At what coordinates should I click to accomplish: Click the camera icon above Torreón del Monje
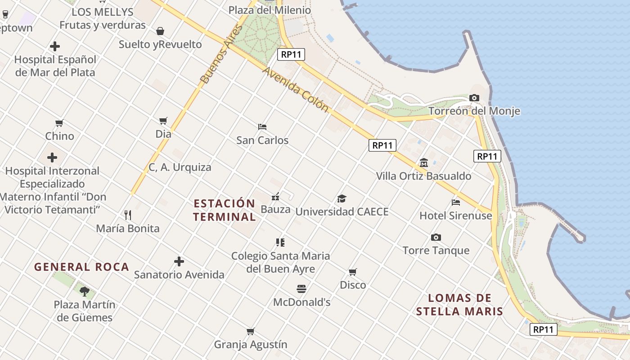474,98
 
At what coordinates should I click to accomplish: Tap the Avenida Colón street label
295,90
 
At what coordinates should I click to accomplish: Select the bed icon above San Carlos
262,126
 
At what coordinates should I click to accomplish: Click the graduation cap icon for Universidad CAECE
342,198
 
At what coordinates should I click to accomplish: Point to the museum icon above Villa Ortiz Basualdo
424,162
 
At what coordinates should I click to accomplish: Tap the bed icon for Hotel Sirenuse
456,202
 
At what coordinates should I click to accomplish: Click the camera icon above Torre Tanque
436,237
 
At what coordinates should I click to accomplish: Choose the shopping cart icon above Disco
353,272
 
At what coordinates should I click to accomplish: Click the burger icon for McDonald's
301,288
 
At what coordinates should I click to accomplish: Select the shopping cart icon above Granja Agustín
251,332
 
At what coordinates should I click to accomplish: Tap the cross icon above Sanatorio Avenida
179,261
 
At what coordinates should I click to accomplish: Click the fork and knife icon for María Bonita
128,215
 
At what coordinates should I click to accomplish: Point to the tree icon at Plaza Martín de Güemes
85,291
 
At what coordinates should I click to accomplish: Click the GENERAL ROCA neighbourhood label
81,267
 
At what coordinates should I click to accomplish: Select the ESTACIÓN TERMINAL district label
224,210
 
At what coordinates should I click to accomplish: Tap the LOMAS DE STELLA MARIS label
459,305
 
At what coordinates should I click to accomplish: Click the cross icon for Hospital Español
55,46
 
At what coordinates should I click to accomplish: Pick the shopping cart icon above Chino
59,123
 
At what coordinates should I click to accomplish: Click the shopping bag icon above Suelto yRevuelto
160,31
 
